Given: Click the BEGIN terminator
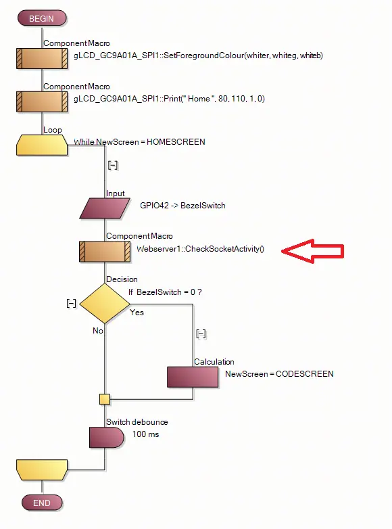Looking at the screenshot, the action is coord(42,18).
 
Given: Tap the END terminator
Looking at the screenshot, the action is coord(42,503).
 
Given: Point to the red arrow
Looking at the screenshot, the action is coord(312,252).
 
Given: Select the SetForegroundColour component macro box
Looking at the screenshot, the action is coord(42,59).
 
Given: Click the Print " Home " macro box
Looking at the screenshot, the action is coord(42,102).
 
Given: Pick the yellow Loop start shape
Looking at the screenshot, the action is coord(42,145).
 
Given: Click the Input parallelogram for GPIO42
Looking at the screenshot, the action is coord(105,208).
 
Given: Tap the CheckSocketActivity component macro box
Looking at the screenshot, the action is coord(105,252).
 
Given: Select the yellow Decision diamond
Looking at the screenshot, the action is coord(105,304).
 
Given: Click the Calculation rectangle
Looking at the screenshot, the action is coord(193,377).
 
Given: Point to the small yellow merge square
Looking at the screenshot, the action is coord(105,399).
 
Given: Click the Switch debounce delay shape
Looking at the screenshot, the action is coord(107,438).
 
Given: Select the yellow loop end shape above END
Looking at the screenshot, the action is coord(42,469).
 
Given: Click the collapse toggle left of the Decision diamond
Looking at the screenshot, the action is coord(72,303).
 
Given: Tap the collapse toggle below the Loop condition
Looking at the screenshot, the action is coord(113,165).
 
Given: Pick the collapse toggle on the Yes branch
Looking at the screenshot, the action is coord(201,333).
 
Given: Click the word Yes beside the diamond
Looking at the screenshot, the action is coord(137,313).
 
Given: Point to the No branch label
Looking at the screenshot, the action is coord(98,331).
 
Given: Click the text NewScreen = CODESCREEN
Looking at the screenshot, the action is coord(279,374).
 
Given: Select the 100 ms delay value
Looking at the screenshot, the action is coord(145,434).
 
